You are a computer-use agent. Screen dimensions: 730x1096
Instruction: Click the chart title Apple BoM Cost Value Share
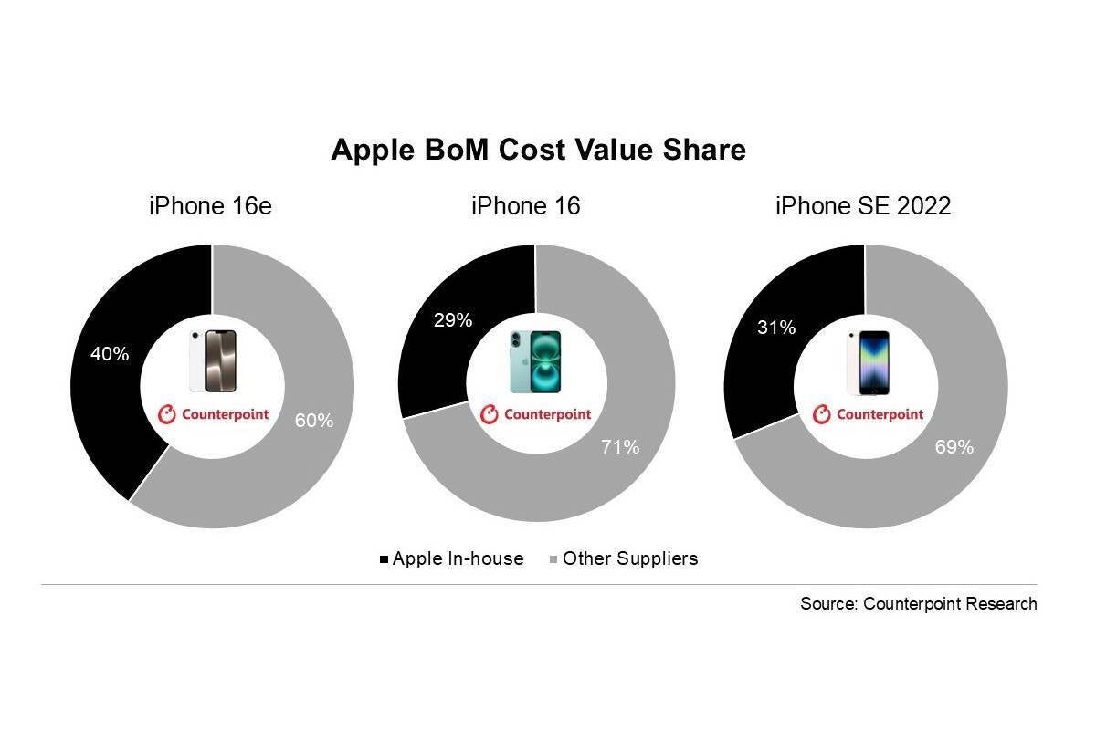pos(538,151)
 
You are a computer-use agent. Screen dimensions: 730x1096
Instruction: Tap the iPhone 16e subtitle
pos(210,206)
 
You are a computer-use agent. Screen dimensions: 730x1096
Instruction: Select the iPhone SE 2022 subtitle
pos(863,206)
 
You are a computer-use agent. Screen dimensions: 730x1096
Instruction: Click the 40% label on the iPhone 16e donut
pos(110,354)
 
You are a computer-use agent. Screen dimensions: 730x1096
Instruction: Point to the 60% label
pos(314,421)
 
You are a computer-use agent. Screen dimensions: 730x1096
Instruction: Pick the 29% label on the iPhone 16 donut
pos(453,320)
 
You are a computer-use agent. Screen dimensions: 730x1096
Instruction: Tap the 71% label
pos(621,447)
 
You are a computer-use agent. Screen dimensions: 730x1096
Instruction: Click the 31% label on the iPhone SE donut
pos(776,327)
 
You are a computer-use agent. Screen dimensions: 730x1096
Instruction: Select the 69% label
pos(954,447)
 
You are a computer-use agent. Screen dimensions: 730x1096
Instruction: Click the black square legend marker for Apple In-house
pos(384,558)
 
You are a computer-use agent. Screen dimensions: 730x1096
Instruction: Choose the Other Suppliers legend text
pos(630,558)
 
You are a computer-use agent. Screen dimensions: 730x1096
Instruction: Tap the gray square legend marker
pos(553,558)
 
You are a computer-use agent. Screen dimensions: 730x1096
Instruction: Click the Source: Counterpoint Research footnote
pos(918,603)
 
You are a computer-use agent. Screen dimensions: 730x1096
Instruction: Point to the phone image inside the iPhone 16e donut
pos(213,362)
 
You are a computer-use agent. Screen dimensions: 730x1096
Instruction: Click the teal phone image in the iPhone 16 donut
pos(535,362)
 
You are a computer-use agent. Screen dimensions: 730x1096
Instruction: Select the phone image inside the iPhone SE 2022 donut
pos(867,362)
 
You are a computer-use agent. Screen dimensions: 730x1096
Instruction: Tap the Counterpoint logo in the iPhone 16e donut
pos(213,414)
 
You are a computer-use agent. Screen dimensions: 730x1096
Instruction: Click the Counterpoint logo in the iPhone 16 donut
pos(535,414)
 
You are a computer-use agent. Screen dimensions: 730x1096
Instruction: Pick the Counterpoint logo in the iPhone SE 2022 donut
pos(868,414)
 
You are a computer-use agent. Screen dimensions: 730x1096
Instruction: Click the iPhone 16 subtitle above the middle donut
pos(525,206)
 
